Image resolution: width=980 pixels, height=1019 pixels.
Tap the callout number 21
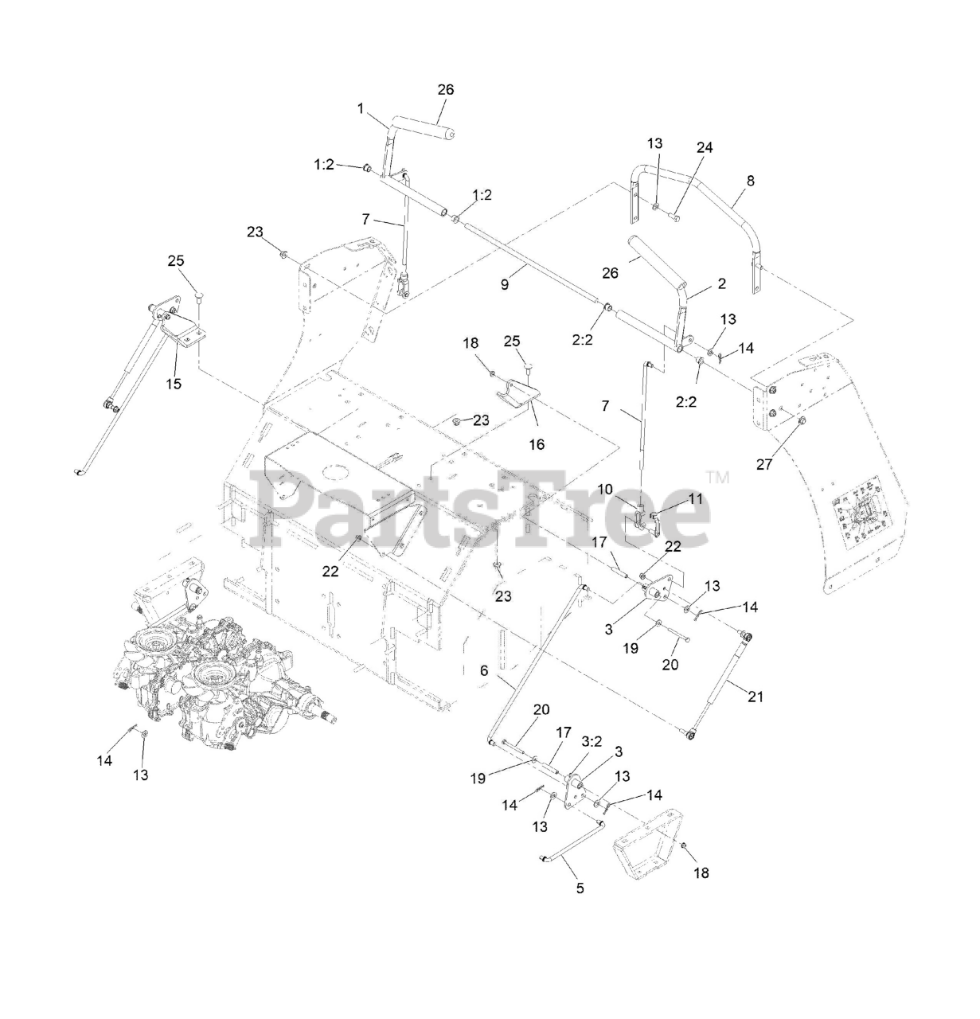[755, 697]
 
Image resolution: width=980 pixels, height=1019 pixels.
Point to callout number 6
[483, 671]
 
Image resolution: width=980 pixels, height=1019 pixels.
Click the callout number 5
[580, 888]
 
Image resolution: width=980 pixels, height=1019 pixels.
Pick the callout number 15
[174, 384]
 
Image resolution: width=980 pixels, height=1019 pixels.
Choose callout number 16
[537, 444]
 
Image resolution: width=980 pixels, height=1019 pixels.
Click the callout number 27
[764, 465]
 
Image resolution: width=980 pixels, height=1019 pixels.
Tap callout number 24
[705, 147]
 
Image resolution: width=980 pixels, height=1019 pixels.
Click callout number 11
[697, 499]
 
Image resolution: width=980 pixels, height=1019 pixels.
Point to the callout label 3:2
[592, 740]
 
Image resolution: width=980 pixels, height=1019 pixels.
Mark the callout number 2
[722, 284]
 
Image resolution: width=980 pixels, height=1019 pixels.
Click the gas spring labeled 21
[720, 681]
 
